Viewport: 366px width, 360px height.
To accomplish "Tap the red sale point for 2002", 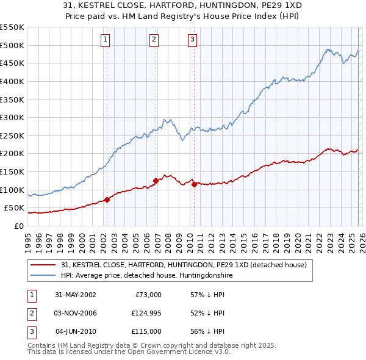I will (107, 199).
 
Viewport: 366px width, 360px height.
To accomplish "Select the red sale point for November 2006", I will (156, 181).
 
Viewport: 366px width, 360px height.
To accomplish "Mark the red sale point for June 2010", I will (194, 184).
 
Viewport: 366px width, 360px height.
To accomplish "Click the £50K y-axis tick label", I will (14, 208).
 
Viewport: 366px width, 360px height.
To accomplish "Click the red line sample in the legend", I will (44, 265).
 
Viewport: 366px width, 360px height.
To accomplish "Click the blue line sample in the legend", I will (44, 275).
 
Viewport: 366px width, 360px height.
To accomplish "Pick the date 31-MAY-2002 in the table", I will (76, 295).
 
